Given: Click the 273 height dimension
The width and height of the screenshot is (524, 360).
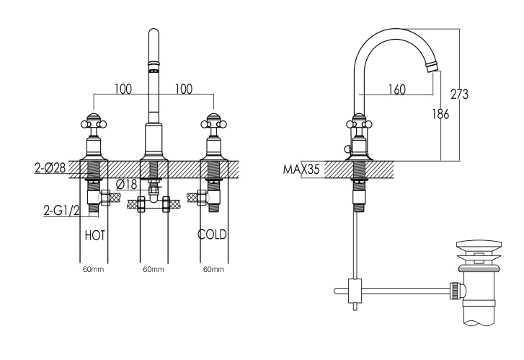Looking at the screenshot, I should pyautogui.click(x=459, y=94).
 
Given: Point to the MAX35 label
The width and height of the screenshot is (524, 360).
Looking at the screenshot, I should pyautogui.click(x=301, y=170).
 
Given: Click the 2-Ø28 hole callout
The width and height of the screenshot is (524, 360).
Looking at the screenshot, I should pyautogui.click(x=50, y=167).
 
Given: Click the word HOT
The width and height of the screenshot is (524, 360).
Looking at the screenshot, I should pyautogui.click(x=95, y=234).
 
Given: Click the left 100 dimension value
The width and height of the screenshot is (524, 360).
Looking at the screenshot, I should pyautogui.click(x=123, y=89).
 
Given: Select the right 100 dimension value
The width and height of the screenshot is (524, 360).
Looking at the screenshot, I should pyautogui.click(x=184, y=89).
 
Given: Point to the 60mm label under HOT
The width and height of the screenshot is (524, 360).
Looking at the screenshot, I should pyautogui.click(x=93, y=269).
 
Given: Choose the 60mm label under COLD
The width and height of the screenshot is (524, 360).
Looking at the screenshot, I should pyautogui.click(x=213, y=269).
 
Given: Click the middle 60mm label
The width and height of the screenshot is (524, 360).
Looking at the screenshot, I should pyautogui.click(x=153, y=269).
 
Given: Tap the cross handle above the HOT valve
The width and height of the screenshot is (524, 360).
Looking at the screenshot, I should pyautogui.click(x=93, y=121).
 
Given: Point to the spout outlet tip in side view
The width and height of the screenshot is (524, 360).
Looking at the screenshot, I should pyautogui.click(x=432, y=67).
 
